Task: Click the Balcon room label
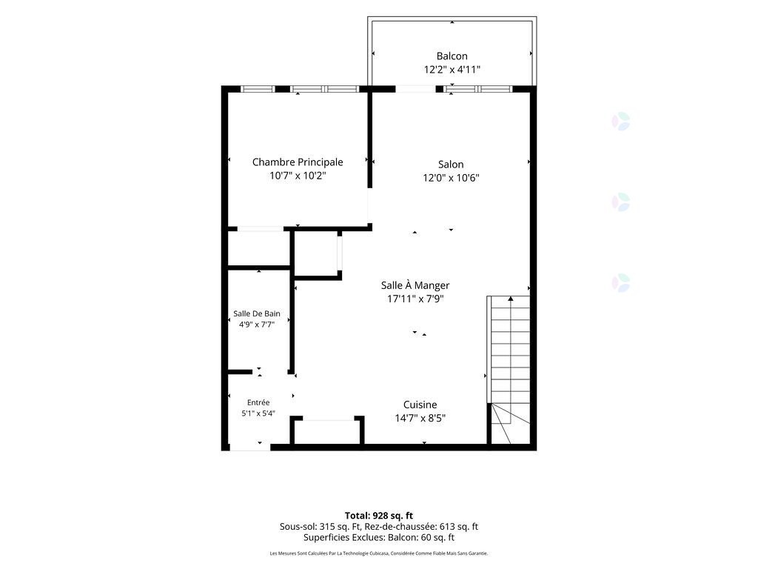(x=452, y=56)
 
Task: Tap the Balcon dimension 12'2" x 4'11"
(x=452, y=70)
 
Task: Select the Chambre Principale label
(x=298, y=162)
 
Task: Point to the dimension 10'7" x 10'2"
(x=298, y=176)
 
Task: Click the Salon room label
(x=451, y=164)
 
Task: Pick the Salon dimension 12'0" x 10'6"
(x=451, y=178)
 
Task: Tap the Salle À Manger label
(x=415, y=285)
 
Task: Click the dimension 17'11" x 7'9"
(x=415, y=299)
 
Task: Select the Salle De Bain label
(x=257, y=313)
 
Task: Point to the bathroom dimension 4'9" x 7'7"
(x=257, y=325)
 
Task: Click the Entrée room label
(x=258, y=402)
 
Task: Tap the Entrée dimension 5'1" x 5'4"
(x=258, y=413)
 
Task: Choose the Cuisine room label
(x=420, y=405)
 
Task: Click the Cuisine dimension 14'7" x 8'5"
(x=420, y=419)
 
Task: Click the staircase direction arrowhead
(x=511, y=299)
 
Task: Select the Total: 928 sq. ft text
(x=379, y=516)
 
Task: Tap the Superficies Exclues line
(x=379, y=538)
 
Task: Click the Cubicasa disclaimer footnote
(x=379, y=553)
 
